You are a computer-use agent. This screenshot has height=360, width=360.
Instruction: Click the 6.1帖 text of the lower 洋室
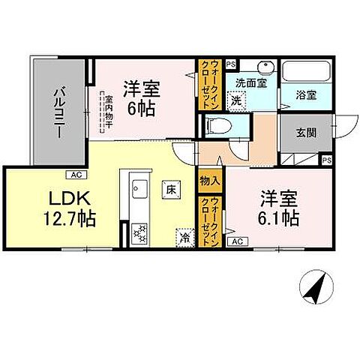(280, 219)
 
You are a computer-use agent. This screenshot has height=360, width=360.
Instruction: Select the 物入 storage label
(210, 181)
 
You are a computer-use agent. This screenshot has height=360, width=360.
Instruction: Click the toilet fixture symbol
(214, 124)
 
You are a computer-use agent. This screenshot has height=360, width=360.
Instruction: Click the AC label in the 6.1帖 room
(236, 241)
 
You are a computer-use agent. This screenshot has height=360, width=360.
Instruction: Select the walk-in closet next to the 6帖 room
(206, 85)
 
